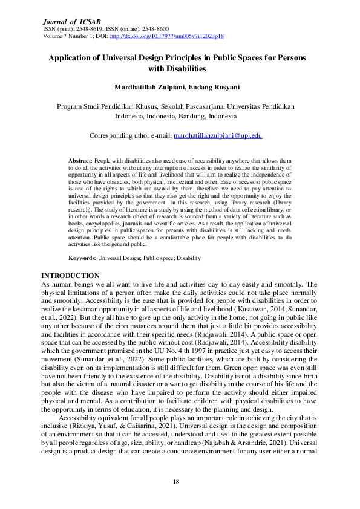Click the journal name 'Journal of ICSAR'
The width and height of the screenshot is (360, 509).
point(68,21)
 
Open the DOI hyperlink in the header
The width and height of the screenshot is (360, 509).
point(171,36)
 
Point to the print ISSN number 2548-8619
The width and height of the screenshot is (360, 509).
point(89,28)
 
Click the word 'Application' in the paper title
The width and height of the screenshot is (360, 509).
point(75,58)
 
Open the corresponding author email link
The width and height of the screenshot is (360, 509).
point(218,136)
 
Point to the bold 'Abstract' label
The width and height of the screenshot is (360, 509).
point(81,160)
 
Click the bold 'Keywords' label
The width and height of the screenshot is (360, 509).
point(82,258)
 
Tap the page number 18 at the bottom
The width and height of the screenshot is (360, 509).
point(176,481)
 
